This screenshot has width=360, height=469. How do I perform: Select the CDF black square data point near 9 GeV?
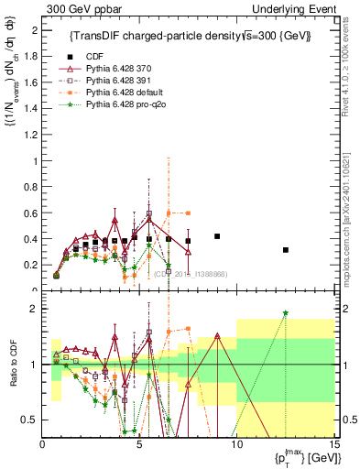[x=217, y=236]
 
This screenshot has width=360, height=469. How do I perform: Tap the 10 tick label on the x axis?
[x=236, y=444]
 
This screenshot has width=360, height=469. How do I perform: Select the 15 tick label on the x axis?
[x=334, y=444]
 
